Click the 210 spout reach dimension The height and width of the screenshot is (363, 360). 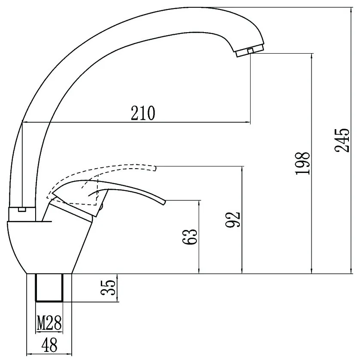(x=142, y=113)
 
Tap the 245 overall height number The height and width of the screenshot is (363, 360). (x=342, y=140)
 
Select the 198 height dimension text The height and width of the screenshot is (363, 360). (x=303, y=163)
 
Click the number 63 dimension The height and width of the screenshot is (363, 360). (x=190, y=236)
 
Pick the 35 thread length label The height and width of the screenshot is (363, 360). (x=108, y=287)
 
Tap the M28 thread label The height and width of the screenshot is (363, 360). (x=49, y=323)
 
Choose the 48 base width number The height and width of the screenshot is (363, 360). (x=49, y=345)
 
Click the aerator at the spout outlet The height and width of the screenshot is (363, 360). (x=250, y=51)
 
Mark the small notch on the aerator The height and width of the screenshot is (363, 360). (x=250, y=51)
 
